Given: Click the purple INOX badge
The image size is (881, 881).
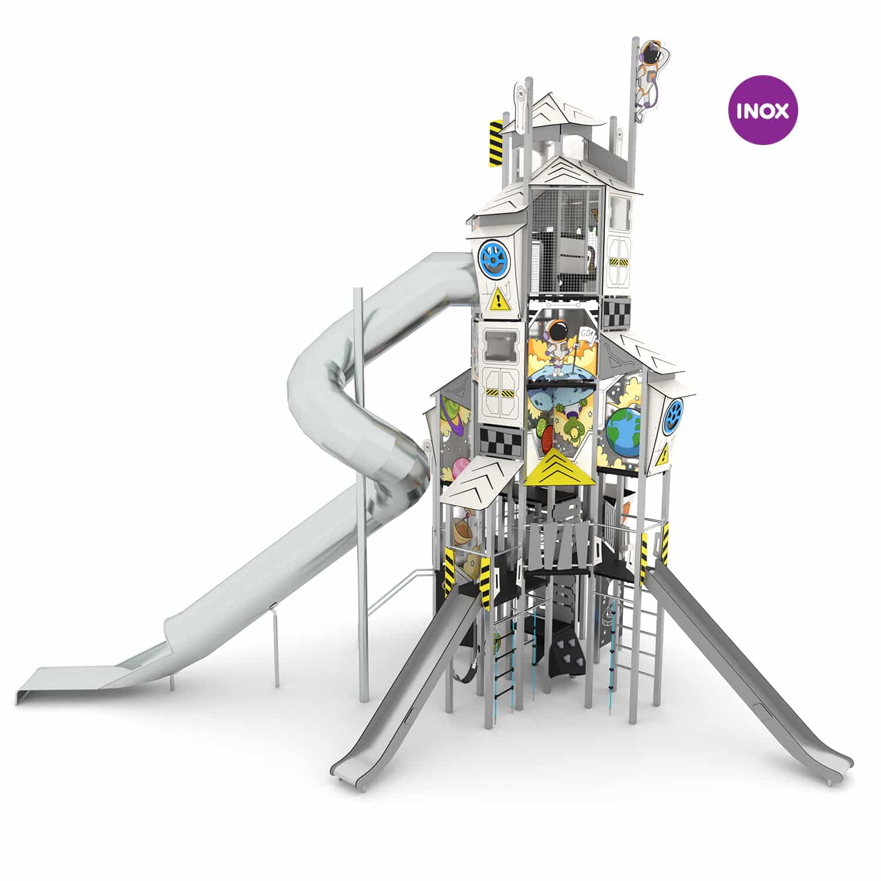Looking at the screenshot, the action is click(x=763, y=110).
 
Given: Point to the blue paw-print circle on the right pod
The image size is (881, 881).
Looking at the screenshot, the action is click(x=676, y=416).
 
